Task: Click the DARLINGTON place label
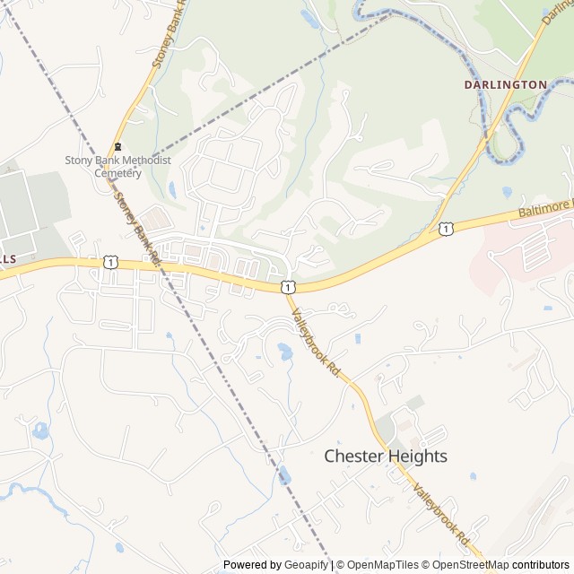pyautogui.click(x=505, y=84)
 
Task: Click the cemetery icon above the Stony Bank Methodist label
pyautogui.click(x=117, y=147)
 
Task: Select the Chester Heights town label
pyautogui.click(x=385, y=457)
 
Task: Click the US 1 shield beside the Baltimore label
pyautogui.click(x=446, y=230)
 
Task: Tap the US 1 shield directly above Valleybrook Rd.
pyautogui.click(x=285, y=286)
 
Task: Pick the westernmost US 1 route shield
pyautogui.click(x=109, y=261)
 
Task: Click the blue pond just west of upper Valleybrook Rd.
pyautogui.click(x=284, y=352)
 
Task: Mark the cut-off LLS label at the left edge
pyautogui.click(x=7, y=258)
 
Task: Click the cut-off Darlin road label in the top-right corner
pyautogui.click(x=556, y=13)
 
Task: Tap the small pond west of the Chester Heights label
pyautogui.click(x=284, y=475)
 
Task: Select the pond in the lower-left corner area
pyautogui.click(x=40, y=430)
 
